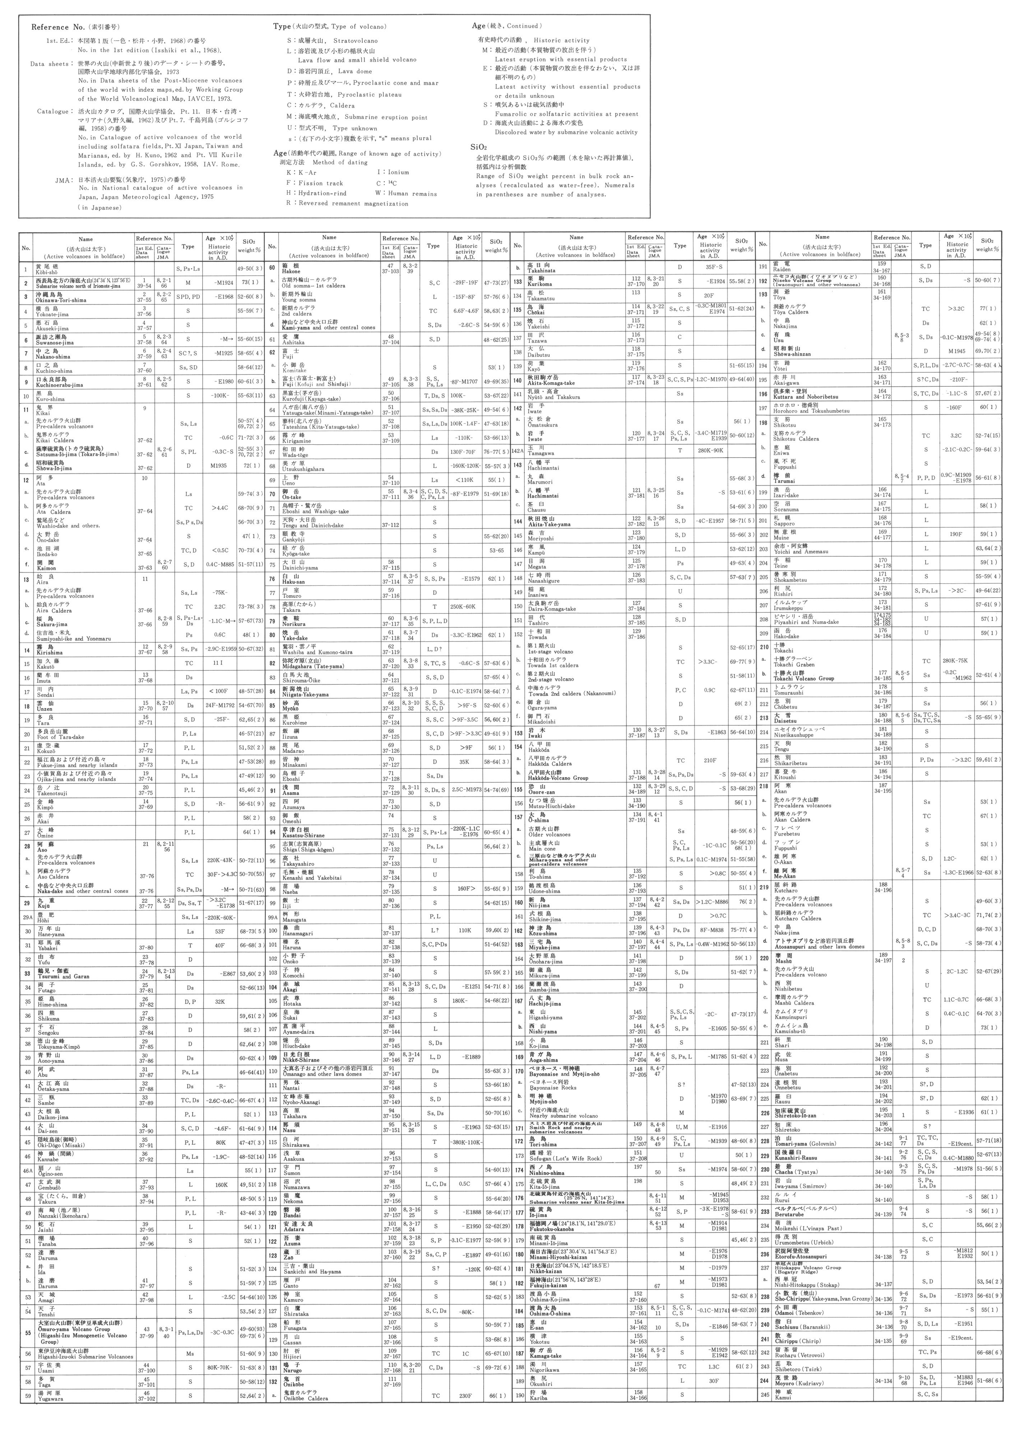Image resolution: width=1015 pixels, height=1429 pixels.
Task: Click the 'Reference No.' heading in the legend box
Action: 52,28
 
